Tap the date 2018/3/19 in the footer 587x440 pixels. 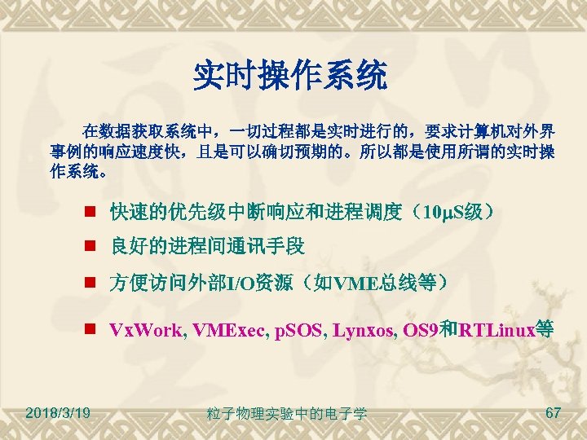[x=58, y=413]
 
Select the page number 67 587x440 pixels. [x=553, y=413]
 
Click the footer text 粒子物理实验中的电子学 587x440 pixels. [x=287, y=415]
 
